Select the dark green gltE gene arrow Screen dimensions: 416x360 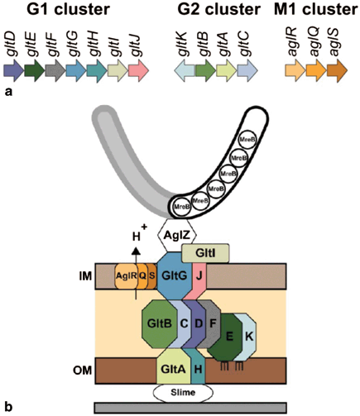(x=35, y=72)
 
